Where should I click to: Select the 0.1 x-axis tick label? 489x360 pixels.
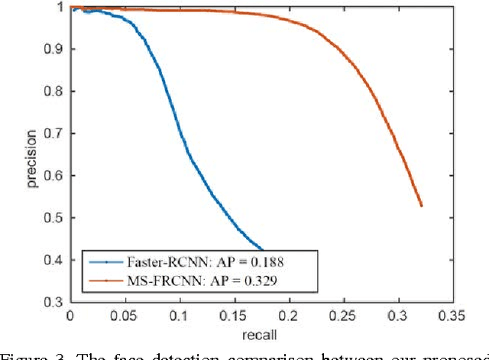[x=180, y=315]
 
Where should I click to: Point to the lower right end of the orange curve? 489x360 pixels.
[x=421, y=206]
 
